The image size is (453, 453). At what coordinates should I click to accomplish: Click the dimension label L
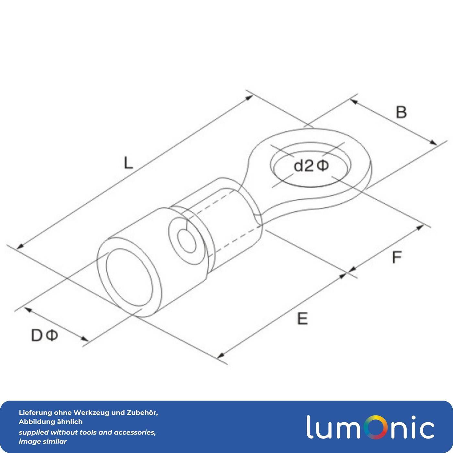(x=128, y=163)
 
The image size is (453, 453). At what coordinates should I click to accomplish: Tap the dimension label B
(x=401, y=112)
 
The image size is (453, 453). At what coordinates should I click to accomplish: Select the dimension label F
(x=397, y=257)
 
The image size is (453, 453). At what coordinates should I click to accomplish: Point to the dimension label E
(x=302, y=319)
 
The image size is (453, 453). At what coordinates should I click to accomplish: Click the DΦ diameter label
(x=44, y=335)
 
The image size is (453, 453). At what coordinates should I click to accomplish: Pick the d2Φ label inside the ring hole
(x=311, y=166)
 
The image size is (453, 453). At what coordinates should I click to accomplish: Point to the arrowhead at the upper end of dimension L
(x=249, y=97)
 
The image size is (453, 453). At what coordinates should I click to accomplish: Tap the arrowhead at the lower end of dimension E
(x=220, y=356)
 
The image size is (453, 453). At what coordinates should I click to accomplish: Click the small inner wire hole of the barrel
(x=187, y=241)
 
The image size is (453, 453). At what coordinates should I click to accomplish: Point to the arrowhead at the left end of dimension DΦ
(x=28, y=310)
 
